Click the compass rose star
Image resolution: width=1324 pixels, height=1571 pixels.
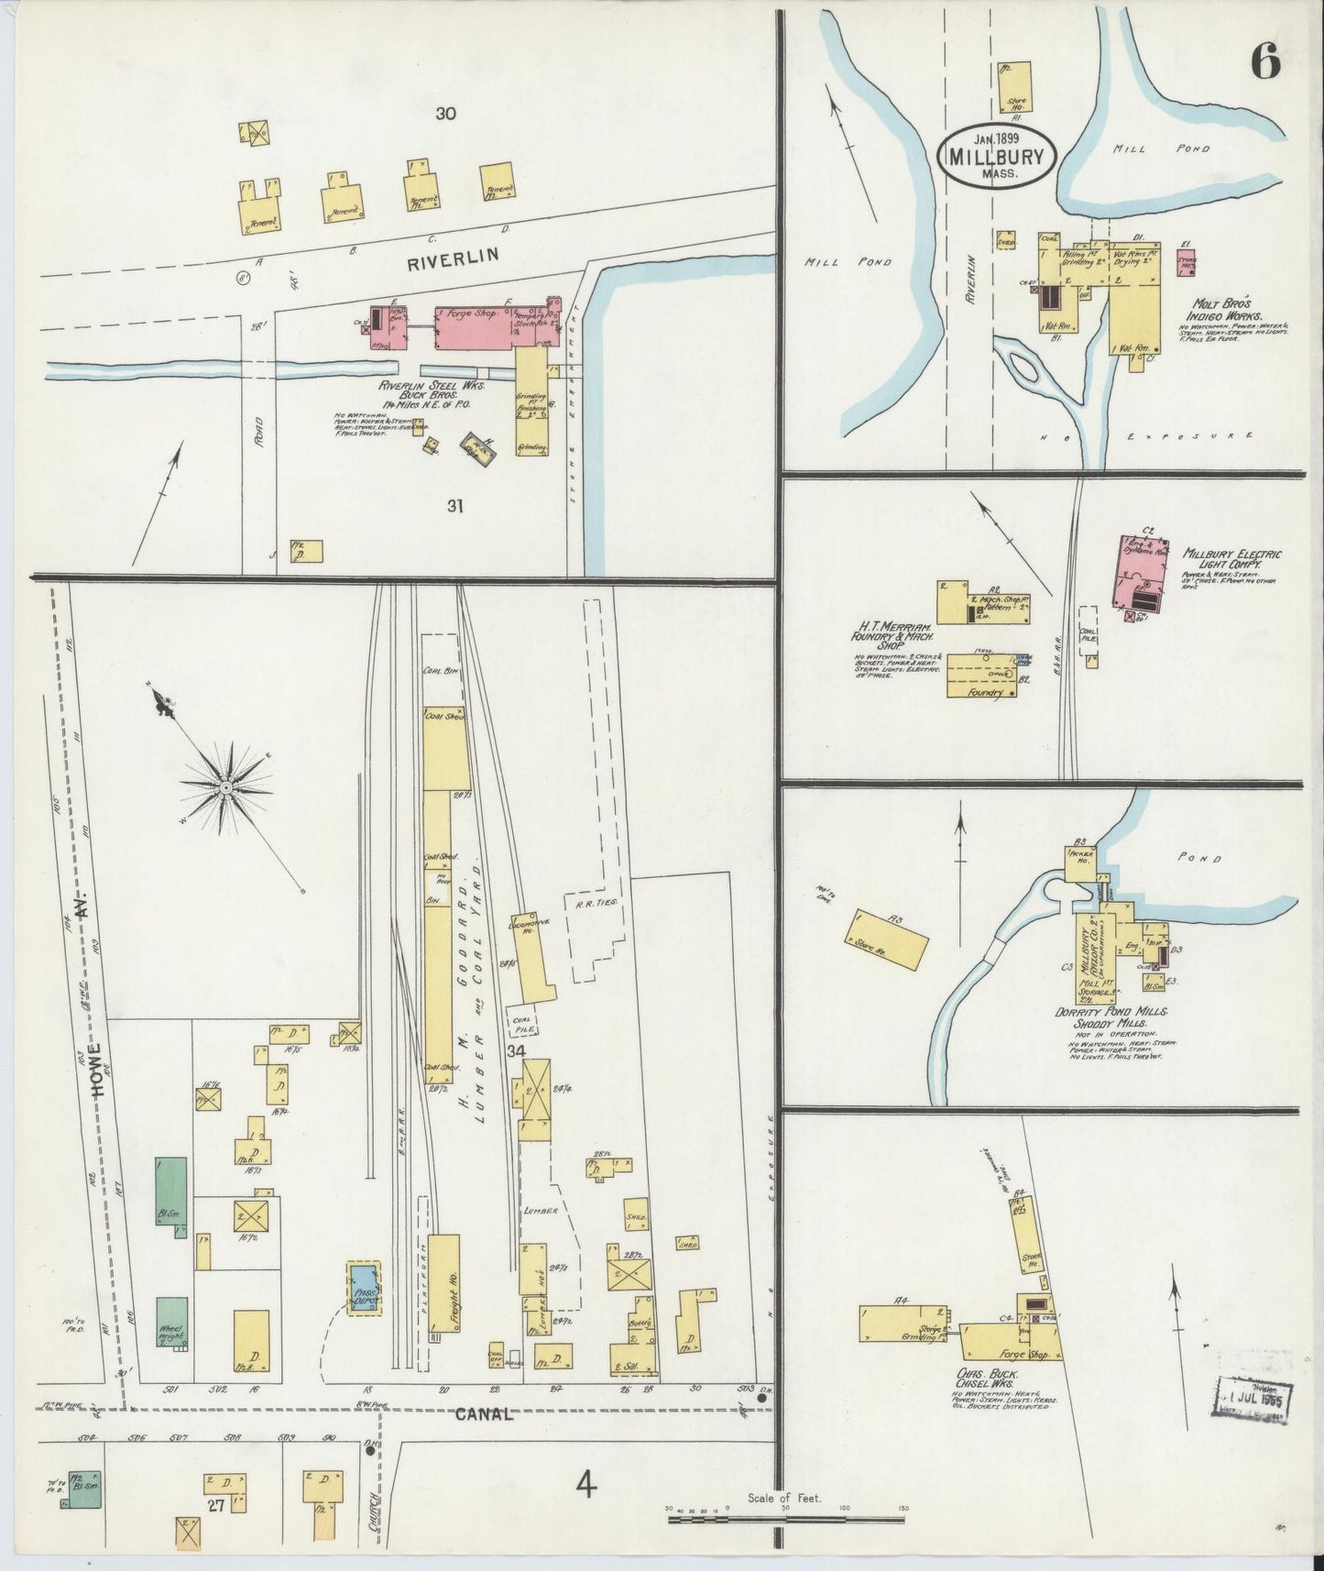225,786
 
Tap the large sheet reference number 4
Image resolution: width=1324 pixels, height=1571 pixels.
585,1483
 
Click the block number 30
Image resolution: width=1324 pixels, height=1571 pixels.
445,115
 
